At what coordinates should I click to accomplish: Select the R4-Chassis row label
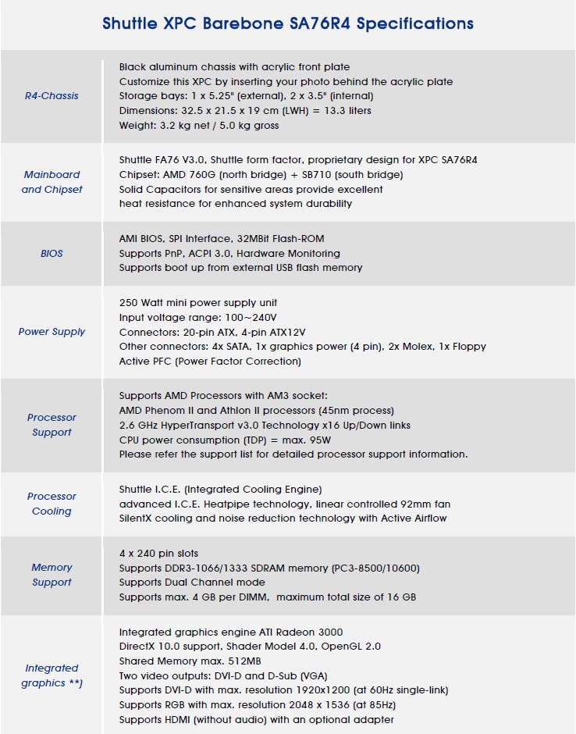52,96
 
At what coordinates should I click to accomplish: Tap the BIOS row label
52,253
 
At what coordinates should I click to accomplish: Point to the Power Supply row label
52,332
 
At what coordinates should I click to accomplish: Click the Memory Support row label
52,575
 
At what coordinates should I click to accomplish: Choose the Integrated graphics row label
52,675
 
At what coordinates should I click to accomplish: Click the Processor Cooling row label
52,504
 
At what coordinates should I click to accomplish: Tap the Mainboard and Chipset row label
52,182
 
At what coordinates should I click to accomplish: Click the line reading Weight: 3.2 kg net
199,126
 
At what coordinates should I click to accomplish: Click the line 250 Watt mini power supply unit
198,302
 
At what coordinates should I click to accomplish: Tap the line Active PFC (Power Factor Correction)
210,362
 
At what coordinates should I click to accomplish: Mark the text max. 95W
287,440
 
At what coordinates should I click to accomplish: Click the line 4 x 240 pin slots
158,553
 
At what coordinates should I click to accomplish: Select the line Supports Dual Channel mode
192,583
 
